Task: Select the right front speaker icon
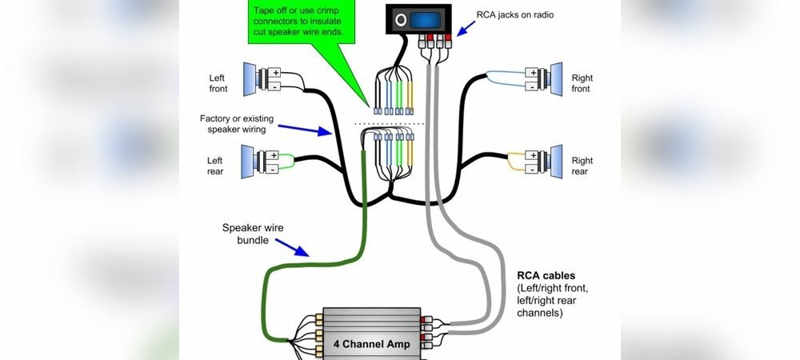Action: click(x=552, y=78)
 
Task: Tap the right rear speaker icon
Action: click(x=552, y=160)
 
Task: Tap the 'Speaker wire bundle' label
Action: click(x=252, y=234)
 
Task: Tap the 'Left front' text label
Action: click(x=217, y=83)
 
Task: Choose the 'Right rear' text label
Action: click(x=582, y=166)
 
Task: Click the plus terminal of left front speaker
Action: click(x=274, y=72)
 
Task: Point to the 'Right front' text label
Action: click(x=582, y=83)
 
